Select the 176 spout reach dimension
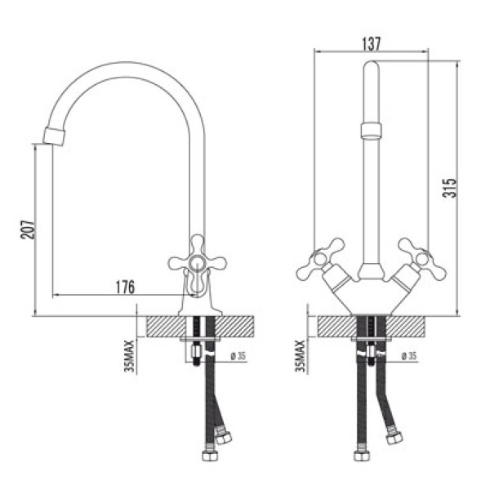tap(125, 287)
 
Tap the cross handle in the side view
tap(197, 262)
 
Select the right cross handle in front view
tap(416, 257)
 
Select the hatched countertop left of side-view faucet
tap(163, 327)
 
